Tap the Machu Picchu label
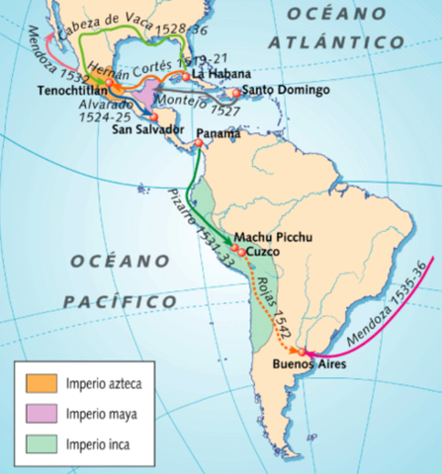click(269, 236)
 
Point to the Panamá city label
click(218, 132)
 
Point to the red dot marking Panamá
click(199, 143)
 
